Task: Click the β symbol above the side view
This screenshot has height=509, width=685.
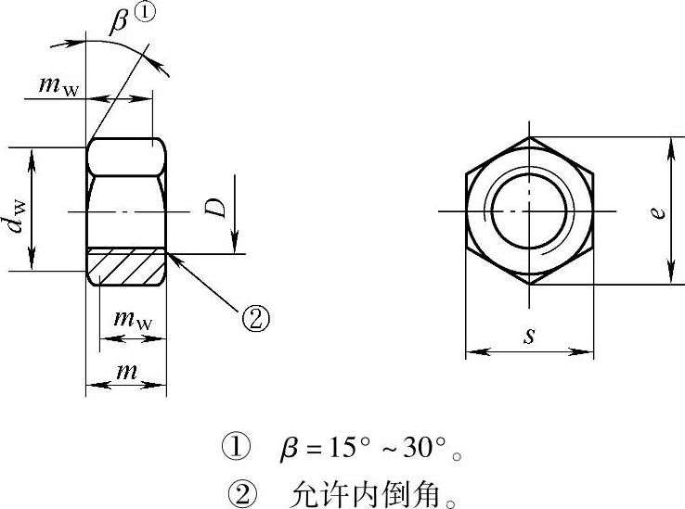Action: pyautogui.click(x=118, y=22)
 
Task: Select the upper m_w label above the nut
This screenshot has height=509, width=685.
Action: pyautogui.click(x=59, y=86)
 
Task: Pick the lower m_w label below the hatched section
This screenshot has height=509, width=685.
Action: pyautogui.click(x=134, y=320)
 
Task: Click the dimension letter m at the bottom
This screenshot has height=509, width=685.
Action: pyautogui.click(x=126, y=372)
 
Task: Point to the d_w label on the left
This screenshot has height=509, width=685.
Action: pyautogui.click(x=18, y=217)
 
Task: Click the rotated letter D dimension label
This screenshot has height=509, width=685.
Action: pyautogui.click(x=216, y=208)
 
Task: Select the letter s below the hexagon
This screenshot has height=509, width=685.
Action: pyautogui.click(x=529, y=336)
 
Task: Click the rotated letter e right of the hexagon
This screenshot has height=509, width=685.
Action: pyautogui.click(x=657, y=212)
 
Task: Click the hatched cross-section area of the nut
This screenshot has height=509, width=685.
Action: pyautogui.click(x=126, y=267)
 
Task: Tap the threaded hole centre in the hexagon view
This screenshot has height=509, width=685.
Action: pyautogui.click(x=529, y=211)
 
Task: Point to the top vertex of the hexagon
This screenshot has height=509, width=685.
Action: pyautogui.click(x=529, y=137)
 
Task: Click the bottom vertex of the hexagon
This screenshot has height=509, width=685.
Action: pyautogui.click(x=529, y=285)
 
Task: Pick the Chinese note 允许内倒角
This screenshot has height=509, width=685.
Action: pyautogui.click(x=365, y=494)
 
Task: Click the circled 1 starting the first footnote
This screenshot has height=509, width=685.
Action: pyautogui.click(x=237, y=447)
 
